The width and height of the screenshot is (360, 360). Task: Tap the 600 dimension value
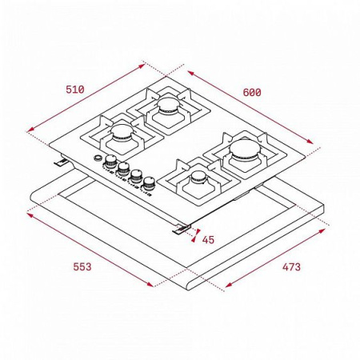[252, 92]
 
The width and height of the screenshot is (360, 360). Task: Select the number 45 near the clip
[208, 239]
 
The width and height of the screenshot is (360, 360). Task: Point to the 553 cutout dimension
[76, 266]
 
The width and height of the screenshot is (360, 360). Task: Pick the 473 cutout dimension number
[290, 266]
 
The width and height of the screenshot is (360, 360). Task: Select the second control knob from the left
[124, 171]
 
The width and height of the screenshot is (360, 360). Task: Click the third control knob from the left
[136, 178]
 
